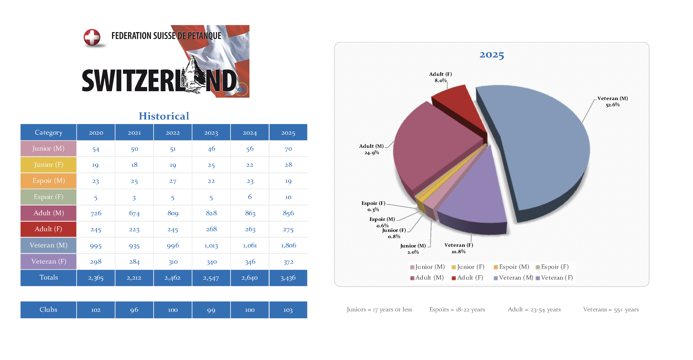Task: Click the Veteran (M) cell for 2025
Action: pyautogui.click(x=288, y=245)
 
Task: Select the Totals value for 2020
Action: pyautogui.click(x=96, y=278)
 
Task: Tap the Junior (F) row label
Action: pyautogui.click(x=48, y=164)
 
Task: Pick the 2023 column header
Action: pyautogui.click(x=211, y=132)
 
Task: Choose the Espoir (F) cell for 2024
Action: pyautogui.click(x=250, y=197)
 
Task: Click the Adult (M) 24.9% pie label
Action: pyautogui.click(x=372, y=149)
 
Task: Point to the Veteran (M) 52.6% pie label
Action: pyautogui.click(x=613, y=101)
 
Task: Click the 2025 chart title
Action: pyautogui.click(x=492, y=55)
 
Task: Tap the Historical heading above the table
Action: pyautogui.click(x=164, y=116)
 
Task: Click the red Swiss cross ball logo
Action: pyautogui.click(x=92, y=37)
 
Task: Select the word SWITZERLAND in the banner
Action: pyautogui.click(x=159, y=81)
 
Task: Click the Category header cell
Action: pyautogui.click(x=48, y=132)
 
